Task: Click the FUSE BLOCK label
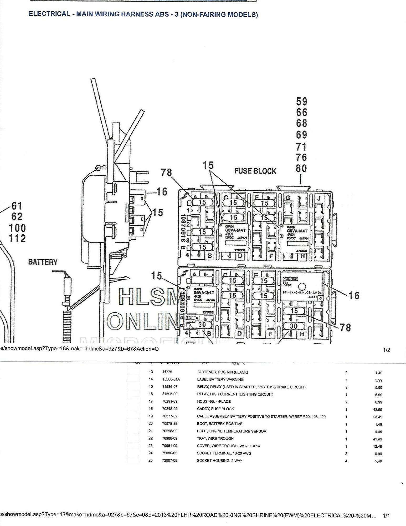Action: pos(255,171)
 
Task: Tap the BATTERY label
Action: pos(43,262)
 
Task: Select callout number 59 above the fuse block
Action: pos(301,102)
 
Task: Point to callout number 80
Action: pos(301,168)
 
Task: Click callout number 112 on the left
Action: pos(17,239)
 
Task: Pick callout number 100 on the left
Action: pos(17,228)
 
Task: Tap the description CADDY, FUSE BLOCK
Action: pos(215,409)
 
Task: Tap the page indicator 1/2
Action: pos(387,350)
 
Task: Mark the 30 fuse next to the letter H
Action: pos(294,326)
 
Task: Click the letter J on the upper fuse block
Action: pos(319,198)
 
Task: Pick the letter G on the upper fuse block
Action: pos(288,198)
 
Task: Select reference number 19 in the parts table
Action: pos(151,416)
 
